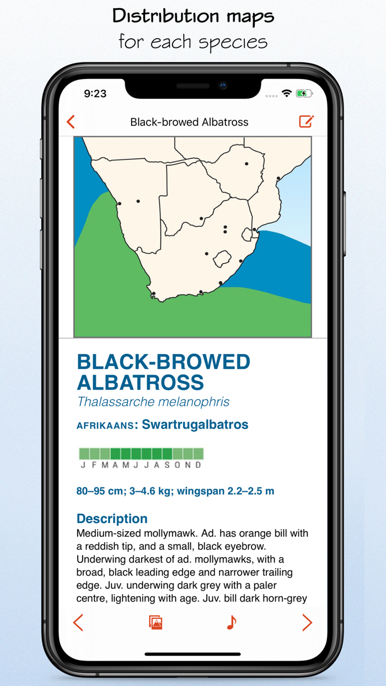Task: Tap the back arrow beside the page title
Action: (71, 122)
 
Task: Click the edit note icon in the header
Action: (306, 121)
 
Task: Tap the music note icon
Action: (232, 623)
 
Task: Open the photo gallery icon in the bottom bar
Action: (156, 623)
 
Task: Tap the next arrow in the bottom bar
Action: (307, 623)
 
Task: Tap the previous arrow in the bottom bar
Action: (78, 623)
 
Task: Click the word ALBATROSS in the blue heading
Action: (140, 382)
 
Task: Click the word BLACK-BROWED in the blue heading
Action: (163, 362)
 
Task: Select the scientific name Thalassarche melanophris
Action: (153, 401)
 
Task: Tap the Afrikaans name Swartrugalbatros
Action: (195, 425)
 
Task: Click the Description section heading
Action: (112, 518)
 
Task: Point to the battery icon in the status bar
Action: (304, 94)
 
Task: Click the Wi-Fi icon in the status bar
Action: (286, 94)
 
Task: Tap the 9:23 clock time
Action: (95, 94)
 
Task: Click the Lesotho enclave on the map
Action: (222, 258)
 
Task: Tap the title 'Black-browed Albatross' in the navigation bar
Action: (189, 122)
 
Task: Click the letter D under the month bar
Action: (198, 465)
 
